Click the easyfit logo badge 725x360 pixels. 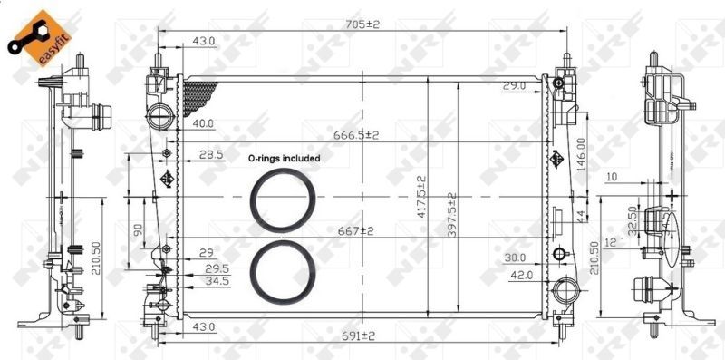[39, 38]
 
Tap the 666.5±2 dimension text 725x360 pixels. [356, 135]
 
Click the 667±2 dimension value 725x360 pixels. [355, 231]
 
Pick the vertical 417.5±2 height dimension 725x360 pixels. [421, 197]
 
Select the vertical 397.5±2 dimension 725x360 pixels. [451, 216]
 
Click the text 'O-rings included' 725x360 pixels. [284, 159]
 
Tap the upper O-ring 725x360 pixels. [283, 170]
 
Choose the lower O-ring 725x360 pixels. [283, 241]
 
